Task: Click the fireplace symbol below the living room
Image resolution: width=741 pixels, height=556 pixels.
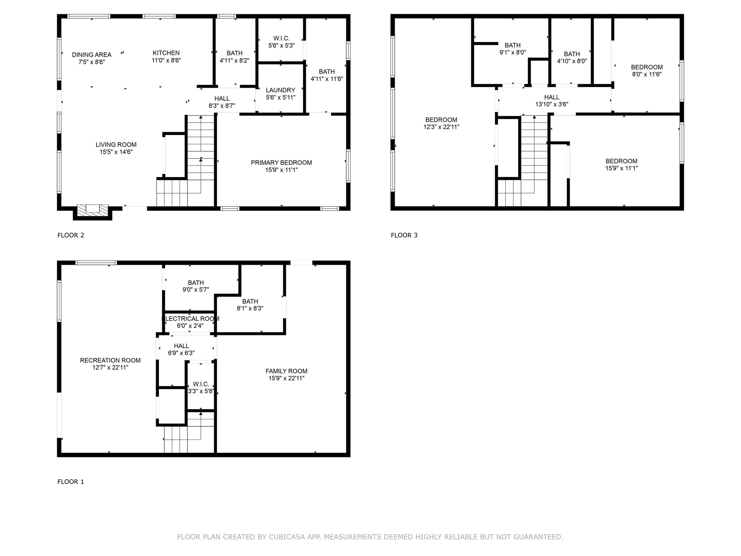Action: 93,210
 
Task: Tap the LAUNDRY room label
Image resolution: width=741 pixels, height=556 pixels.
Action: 280,90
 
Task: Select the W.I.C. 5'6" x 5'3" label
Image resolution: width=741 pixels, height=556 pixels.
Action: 281,42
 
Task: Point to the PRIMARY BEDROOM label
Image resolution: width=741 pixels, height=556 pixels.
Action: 281,163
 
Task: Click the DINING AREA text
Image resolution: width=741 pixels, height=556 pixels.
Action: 92,55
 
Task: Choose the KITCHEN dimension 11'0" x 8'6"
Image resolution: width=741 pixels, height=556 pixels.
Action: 166,60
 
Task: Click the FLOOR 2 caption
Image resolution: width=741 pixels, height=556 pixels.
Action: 71,235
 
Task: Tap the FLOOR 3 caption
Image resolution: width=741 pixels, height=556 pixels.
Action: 404,235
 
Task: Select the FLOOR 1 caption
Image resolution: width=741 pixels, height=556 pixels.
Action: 71,482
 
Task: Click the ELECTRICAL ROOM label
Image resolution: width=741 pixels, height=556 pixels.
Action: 190,319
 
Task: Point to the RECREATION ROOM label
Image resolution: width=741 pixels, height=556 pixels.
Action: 110,361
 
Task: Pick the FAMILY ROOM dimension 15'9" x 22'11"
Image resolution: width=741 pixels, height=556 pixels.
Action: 286,378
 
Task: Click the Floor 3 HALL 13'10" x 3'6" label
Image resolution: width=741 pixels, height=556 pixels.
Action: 551,101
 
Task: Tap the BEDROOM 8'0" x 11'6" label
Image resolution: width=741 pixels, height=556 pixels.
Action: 647,71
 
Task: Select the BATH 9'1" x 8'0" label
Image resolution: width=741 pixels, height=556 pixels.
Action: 512,49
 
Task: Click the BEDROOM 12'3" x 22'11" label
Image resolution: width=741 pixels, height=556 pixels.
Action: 441,123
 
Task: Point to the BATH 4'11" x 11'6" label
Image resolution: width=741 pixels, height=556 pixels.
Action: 327,75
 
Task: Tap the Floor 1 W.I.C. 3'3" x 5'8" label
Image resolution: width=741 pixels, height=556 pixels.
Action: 201,388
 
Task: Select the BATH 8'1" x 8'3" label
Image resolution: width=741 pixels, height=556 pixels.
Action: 250,305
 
